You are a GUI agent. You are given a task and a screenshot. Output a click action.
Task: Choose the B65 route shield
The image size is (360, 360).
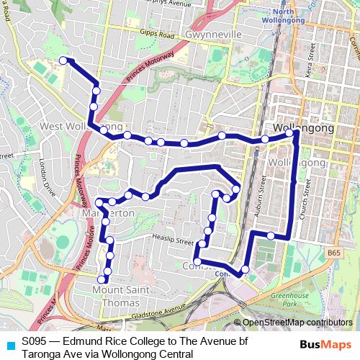pos(333,254)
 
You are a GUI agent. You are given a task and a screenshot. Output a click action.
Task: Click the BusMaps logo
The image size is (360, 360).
pos(325,345)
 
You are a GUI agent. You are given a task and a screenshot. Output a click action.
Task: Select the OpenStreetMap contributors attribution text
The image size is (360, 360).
pos(297,323)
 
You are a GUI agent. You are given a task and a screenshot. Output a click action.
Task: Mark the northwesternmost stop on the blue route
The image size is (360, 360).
pos(63,60)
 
